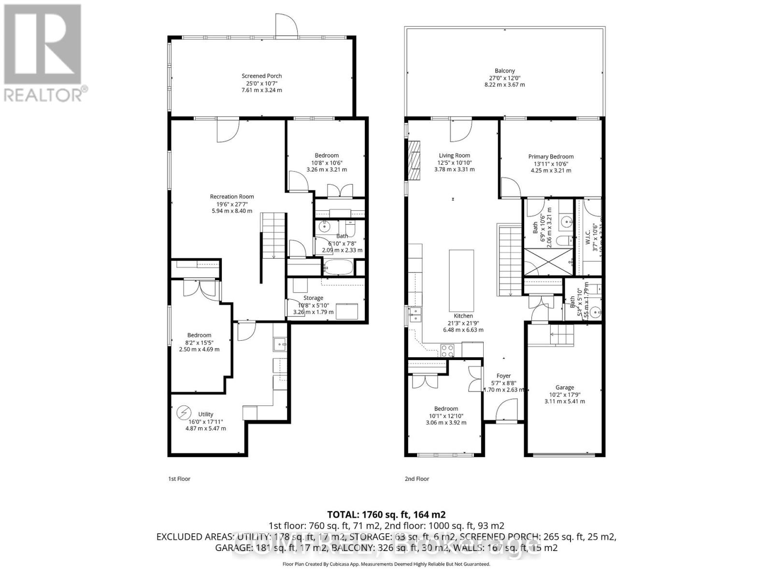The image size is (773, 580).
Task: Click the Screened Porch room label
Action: pos(261,76)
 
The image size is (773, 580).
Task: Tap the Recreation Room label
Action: pos(232,196)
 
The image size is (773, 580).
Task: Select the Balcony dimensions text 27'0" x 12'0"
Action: pos(504,78)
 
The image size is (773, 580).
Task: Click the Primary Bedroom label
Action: pos(551,157)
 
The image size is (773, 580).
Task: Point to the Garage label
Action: pos(564,387)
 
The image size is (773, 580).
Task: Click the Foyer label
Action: pos(503,376)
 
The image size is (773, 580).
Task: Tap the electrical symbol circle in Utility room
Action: pos(184,413)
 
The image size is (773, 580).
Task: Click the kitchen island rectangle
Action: pos(462,280)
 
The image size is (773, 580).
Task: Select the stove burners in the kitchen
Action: pos(447,350)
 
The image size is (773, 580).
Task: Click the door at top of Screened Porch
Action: pos(286,25)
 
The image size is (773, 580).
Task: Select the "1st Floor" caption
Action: pos(179,479)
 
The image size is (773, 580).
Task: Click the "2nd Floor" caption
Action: pos(417,479)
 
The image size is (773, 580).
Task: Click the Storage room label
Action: pos(313,298)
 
